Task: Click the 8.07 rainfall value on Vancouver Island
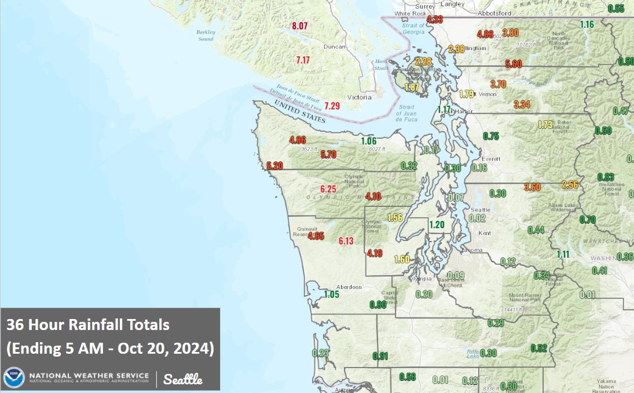point(300,26)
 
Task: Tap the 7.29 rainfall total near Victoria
point(332,106)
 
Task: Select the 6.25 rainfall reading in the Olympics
point(328,189)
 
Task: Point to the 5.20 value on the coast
point(275,166)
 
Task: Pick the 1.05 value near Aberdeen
point(331,294)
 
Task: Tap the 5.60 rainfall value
point(514,64)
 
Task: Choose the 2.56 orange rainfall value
point(570,185)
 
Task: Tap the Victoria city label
point(360,97)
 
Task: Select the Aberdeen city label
point(349,287)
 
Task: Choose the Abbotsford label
point(494,13)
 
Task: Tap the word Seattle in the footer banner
point(183,380)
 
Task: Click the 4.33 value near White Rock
point(435,20)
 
